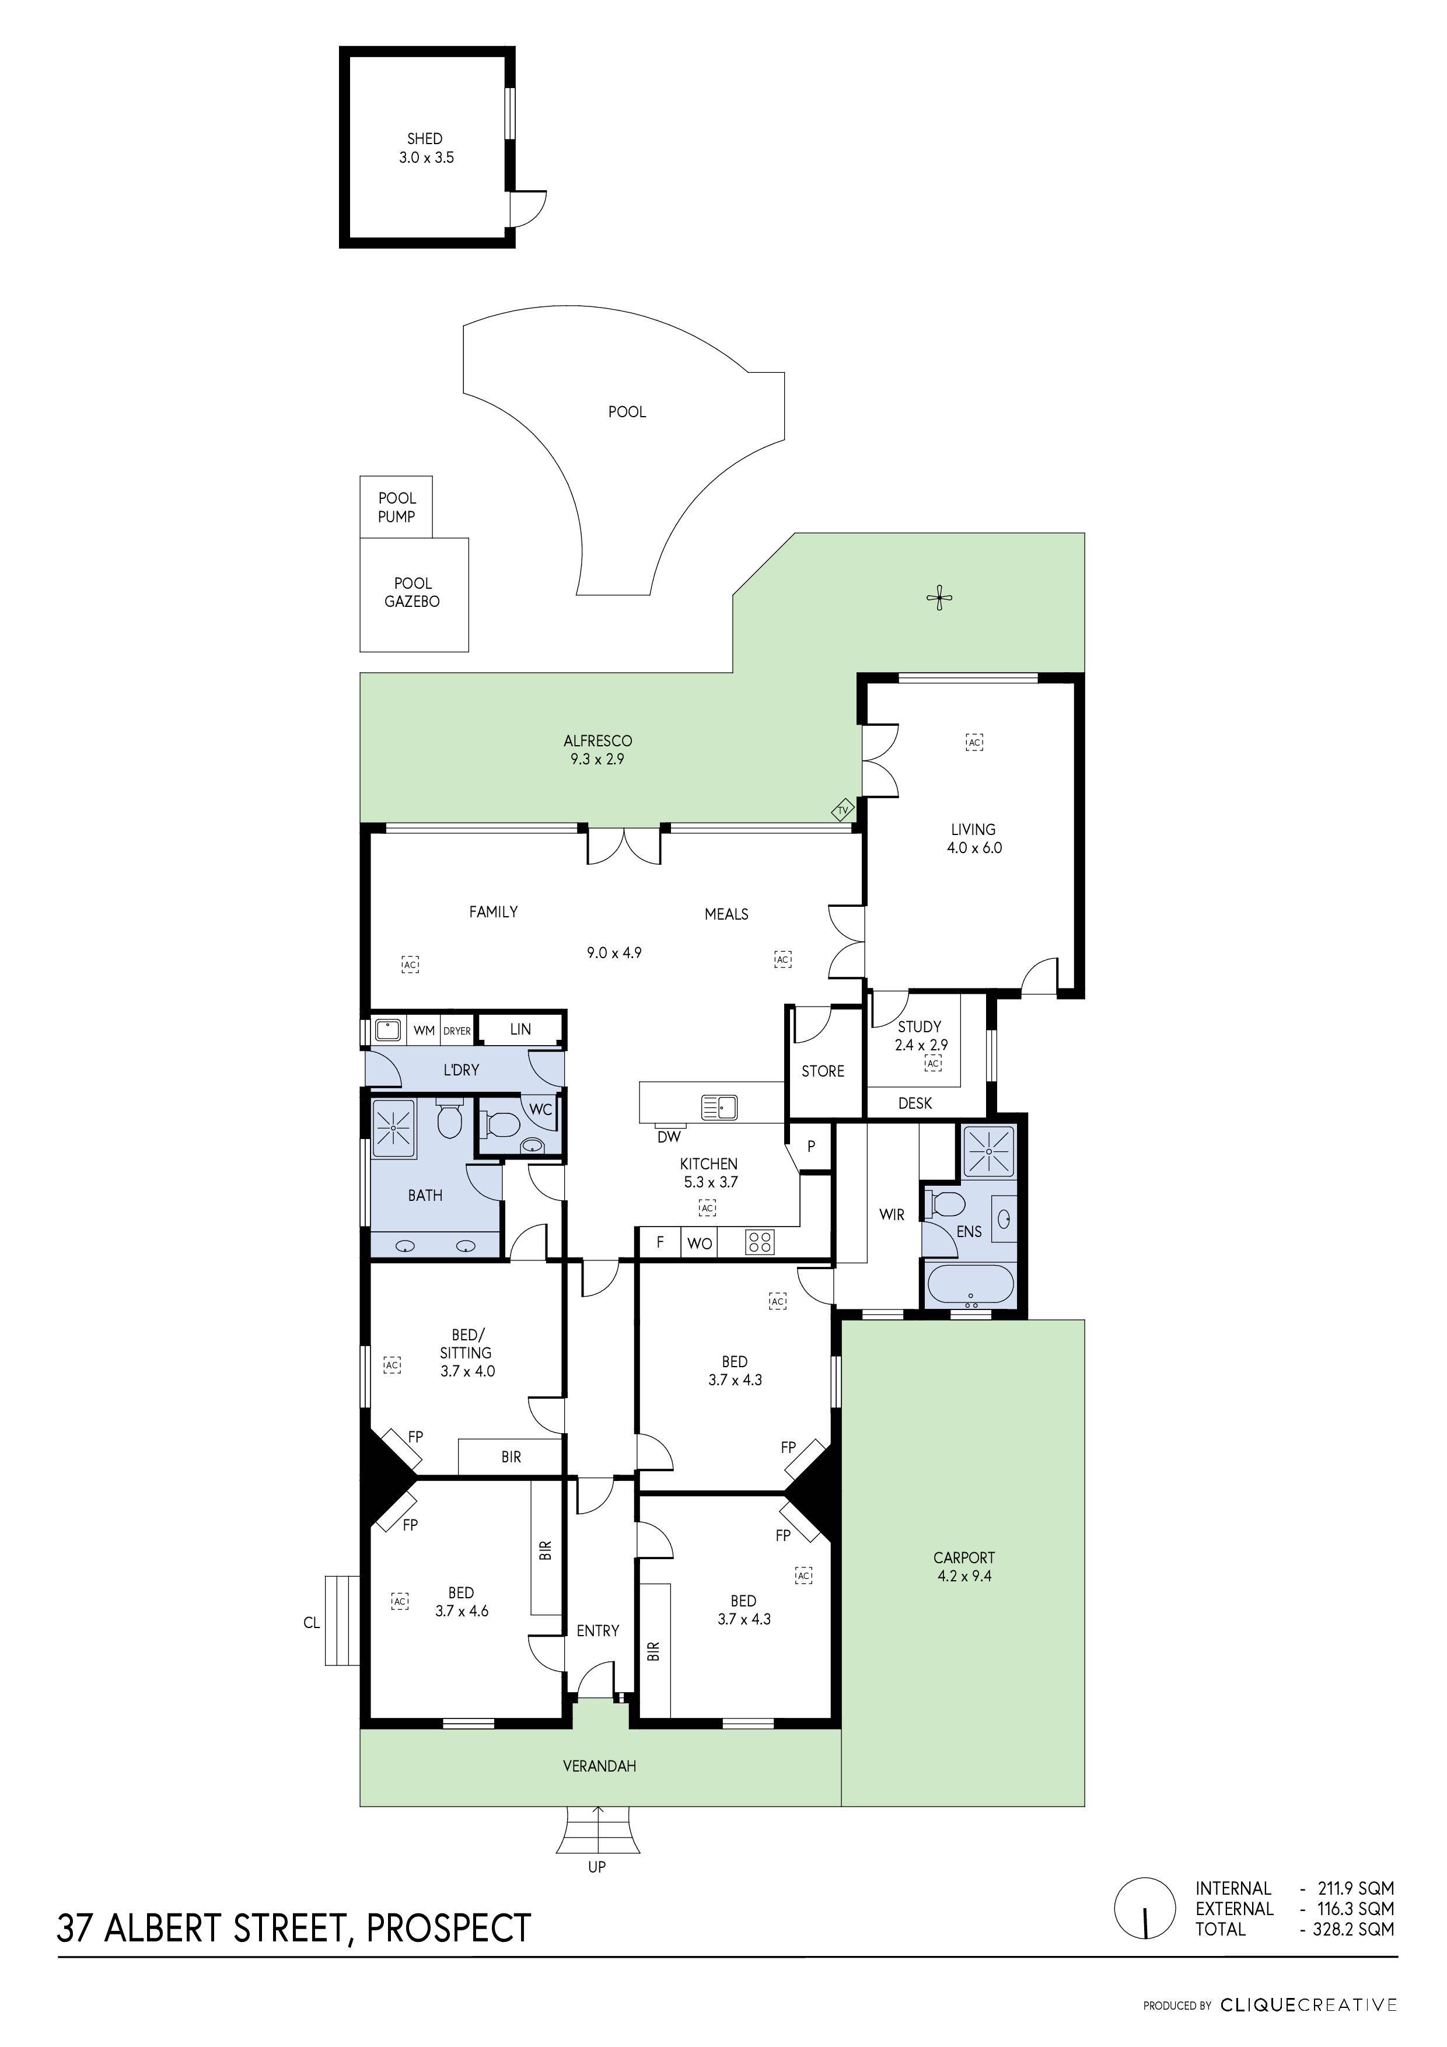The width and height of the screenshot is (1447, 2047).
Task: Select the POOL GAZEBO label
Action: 412,593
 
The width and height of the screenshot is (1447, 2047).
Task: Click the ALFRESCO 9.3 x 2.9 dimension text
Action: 597,760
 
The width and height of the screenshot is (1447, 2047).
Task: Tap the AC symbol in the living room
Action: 974,742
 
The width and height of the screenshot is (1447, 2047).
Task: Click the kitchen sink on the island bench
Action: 719,1108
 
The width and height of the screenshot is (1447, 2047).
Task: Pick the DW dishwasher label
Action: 669,1137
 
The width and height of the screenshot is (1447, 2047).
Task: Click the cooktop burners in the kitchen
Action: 760,1242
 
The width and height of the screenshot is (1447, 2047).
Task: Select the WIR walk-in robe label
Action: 892,1215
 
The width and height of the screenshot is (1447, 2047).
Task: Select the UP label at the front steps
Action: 596,1867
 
